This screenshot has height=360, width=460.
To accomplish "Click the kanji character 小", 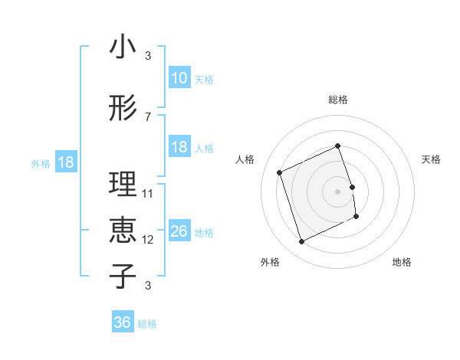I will [123, 47].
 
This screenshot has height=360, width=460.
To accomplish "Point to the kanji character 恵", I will [123, 231].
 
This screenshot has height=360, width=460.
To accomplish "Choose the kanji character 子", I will [123, 277].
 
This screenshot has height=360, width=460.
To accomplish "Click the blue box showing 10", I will [179, 78].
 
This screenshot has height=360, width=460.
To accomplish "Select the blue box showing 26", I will [179, 231].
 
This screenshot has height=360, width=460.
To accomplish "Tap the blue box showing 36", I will [123, 322].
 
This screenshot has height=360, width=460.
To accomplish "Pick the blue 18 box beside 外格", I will [65, 162].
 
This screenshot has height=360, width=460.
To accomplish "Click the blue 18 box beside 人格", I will [179, 147].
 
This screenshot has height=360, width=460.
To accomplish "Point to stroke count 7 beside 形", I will [148, 116].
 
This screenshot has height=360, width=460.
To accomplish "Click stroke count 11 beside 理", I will [148, 193].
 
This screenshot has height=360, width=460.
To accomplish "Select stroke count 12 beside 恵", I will [148, 239].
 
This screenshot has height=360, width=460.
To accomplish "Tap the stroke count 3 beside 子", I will [148, 286].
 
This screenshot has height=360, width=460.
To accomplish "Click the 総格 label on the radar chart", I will [338, 100].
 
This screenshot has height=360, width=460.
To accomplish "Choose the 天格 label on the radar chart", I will [432, 159].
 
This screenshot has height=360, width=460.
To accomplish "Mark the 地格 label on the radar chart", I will [402, 262].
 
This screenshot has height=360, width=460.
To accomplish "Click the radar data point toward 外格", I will [301, 242].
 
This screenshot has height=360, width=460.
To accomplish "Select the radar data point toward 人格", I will [280, 172].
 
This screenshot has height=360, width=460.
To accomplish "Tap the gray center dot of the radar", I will [338, 191].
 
